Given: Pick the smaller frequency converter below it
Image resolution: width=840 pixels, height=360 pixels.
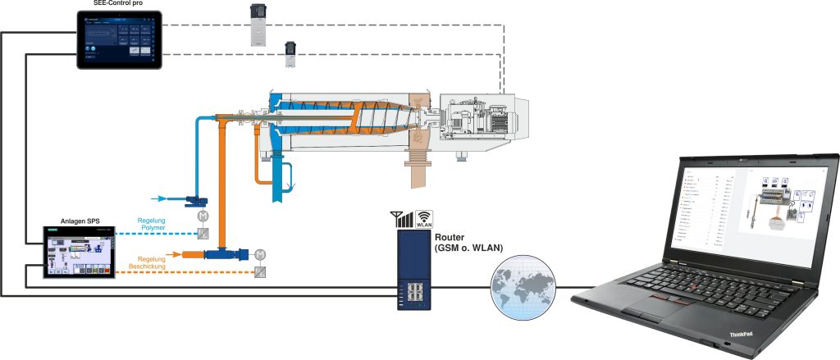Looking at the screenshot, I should (x=291, y=54).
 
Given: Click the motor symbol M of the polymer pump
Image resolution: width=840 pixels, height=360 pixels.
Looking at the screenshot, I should (x=202, y=215).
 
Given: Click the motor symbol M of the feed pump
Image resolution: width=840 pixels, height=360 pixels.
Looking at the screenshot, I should (x=260, y=253).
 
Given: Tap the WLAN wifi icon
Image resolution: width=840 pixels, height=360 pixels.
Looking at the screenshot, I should (x=425, y=219).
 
